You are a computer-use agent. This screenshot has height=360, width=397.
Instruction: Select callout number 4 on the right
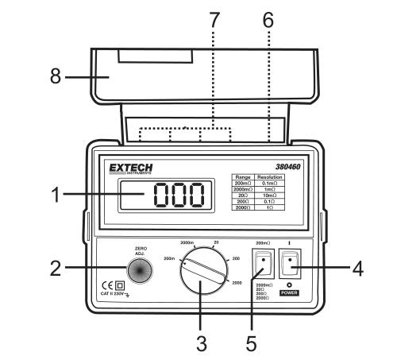pos(358,269)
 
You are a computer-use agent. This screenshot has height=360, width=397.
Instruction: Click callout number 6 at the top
pos(268,17)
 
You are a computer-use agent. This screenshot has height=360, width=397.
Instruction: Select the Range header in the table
pos(245,176)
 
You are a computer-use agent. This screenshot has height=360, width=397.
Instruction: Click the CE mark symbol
pos(106,285)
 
